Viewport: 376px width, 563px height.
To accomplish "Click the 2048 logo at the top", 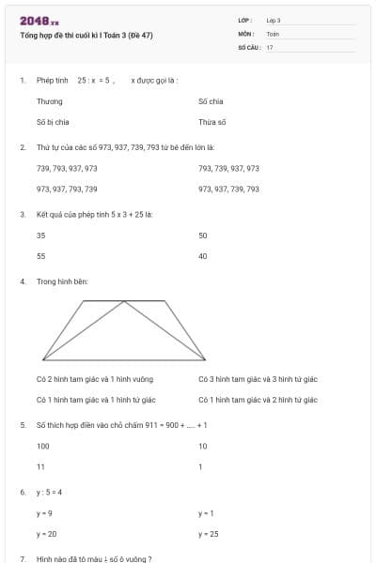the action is click(39, 21).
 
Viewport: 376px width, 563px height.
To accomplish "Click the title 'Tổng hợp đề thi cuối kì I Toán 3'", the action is click(86, 36).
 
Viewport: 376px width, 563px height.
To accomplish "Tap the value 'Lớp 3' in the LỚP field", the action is click(274, 20).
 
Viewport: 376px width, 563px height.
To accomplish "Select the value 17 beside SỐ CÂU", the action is click(270, 46).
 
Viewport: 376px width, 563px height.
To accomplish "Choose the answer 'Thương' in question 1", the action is click(49, 100).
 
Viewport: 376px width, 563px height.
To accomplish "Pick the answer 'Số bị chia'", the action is click(53, 122).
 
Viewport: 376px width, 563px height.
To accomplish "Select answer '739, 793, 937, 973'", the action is click(67, 168).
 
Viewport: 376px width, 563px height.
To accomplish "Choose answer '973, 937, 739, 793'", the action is click(228, 189).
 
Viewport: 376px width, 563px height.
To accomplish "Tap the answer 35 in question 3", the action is click(40, 236).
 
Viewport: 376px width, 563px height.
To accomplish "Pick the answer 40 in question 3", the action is click(202, 255).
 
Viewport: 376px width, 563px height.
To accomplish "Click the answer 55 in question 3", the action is click(40, 255).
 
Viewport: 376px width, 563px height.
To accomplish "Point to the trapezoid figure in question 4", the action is click(124, 329).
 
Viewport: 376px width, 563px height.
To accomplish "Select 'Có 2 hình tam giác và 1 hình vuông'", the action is click(94, 379).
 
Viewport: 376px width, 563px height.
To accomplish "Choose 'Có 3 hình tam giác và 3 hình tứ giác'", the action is click(258, 379).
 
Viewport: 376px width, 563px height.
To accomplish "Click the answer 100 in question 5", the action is click(42, 446).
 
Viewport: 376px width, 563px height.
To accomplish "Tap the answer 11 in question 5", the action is click(40, 466).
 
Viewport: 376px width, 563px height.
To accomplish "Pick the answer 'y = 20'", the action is click(46, 534).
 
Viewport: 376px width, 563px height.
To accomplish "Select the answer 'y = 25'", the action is click(208, 534).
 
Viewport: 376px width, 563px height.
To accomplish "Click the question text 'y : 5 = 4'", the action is click(49, 492).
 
